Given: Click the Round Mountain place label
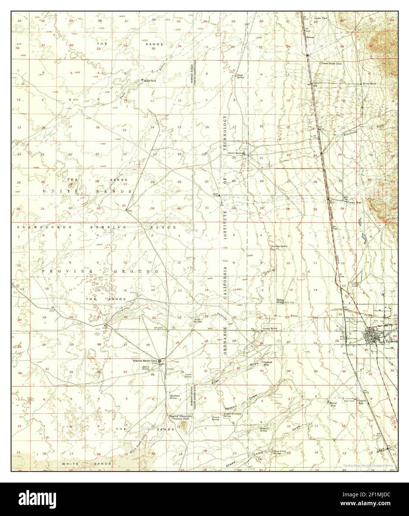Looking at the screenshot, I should point(180,417).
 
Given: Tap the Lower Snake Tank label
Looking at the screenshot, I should point(331,63).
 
